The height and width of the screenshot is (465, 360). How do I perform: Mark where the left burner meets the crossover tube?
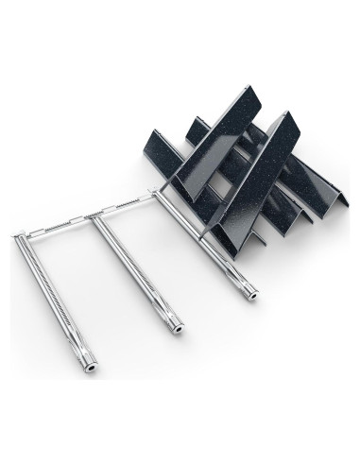point(21,235)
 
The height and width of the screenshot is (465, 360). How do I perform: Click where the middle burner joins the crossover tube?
point(97,216)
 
